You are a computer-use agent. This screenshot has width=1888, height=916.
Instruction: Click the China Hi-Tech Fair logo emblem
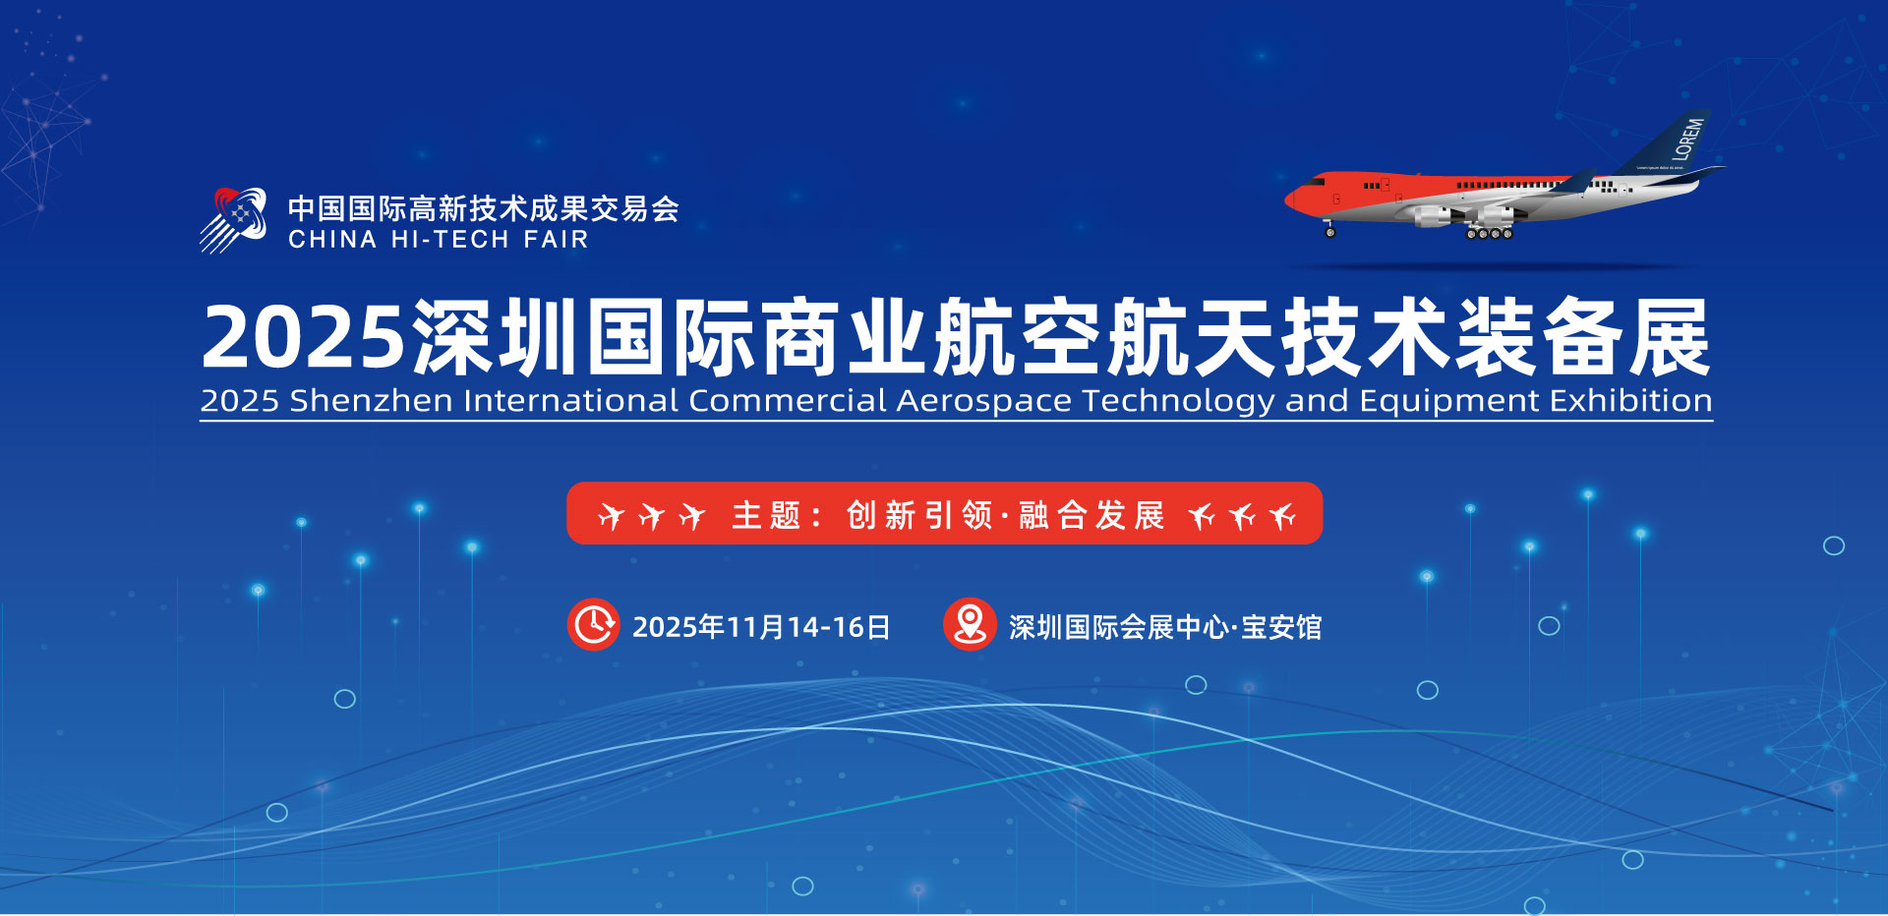pyautogui.click(x=233, y=220)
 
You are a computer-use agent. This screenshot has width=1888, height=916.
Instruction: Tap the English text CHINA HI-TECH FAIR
pyautogui.click(x=439, y=240)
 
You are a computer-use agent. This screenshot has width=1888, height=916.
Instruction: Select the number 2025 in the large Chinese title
pyautogui.click(x=303, y=337)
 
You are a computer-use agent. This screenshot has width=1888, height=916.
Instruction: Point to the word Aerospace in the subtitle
pyautogui.click(x=984, y=402)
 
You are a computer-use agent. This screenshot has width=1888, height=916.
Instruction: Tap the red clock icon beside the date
pyautogui.click(x=593, y=624)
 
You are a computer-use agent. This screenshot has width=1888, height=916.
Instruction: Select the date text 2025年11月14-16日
pyautogui.click(x=761, y=627)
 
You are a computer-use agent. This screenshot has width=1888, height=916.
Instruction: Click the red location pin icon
pyautogui.click(x=970, y=624)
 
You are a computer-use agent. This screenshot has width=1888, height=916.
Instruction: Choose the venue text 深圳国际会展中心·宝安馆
pyautogui.click(x=1165, y=627)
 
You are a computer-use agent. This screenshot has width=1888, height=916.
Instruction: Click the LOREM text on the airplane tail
pyautogui.click(x=1688, y=140)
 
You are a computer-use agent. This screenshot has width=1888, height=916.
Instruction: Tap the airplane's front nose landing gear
pyautogui.click(x=1330, y=230)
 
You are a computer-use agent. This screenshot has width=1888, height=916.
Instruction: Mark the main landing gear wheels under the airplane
pyautogui.click(x=1489, y=234)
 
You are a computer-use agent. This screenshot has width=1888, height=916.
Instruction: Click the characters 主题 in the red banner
pyautogui.click(x=766, y=515)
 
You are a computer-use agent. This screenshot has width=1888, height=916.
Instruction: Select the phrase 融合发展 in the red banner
pyautogui.click(x=1091, y=515)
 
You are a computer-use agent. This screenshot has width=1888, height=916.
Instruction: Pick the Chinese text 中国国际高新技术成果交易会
pyautogui.click(x=484, y=208)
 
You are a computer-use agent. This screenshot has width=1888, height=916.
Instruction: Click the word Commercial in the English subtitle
pyautogui.click(x=788, y=400)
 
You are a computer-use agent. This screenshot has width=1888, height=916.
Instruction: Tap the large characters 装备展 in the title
pyautogui.click(x=1583, y=337)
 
